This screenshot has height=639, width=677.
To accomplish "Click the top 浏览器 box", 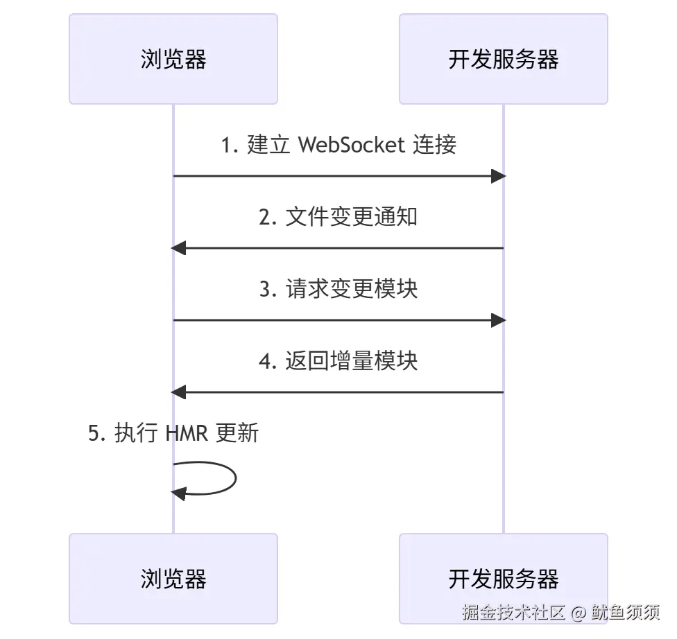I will [x=173, y=60].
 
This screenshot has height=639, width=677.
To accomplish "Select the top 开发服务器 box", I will [x=503, y=60].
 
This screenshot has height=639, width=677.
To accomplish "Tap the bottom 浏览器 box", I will [x=173, y=579].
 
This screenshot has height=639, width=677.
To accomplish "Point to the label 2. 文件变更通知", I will [x=338, y=217].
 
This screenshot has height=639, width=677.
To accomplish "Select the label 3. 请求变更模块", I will [x=338, y=289].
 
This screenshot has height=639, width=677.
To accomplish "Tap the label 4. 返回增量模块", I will [x=338, y=361].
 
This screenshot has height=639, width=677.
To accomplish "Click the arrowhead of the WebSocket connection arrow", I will [x=498, y=176].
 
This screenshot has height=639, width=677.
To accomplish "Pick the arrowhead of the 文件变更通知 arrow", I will [x=179, y=248].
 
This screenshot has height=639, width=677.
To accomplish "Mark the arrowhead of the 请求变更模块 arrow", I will [x=498, y=320].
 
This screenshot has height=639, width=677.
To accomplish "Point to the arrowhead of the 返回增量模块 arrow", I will [x=179, y=392].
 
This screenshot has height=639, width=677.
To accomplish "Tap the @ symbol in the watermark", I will [x=579, y=613].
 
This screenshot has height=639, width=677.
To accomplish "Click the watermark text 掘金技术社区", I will [x=514, y=613].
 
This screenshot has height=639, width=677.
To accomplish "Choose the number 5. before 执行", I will [x=97, y=433].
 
